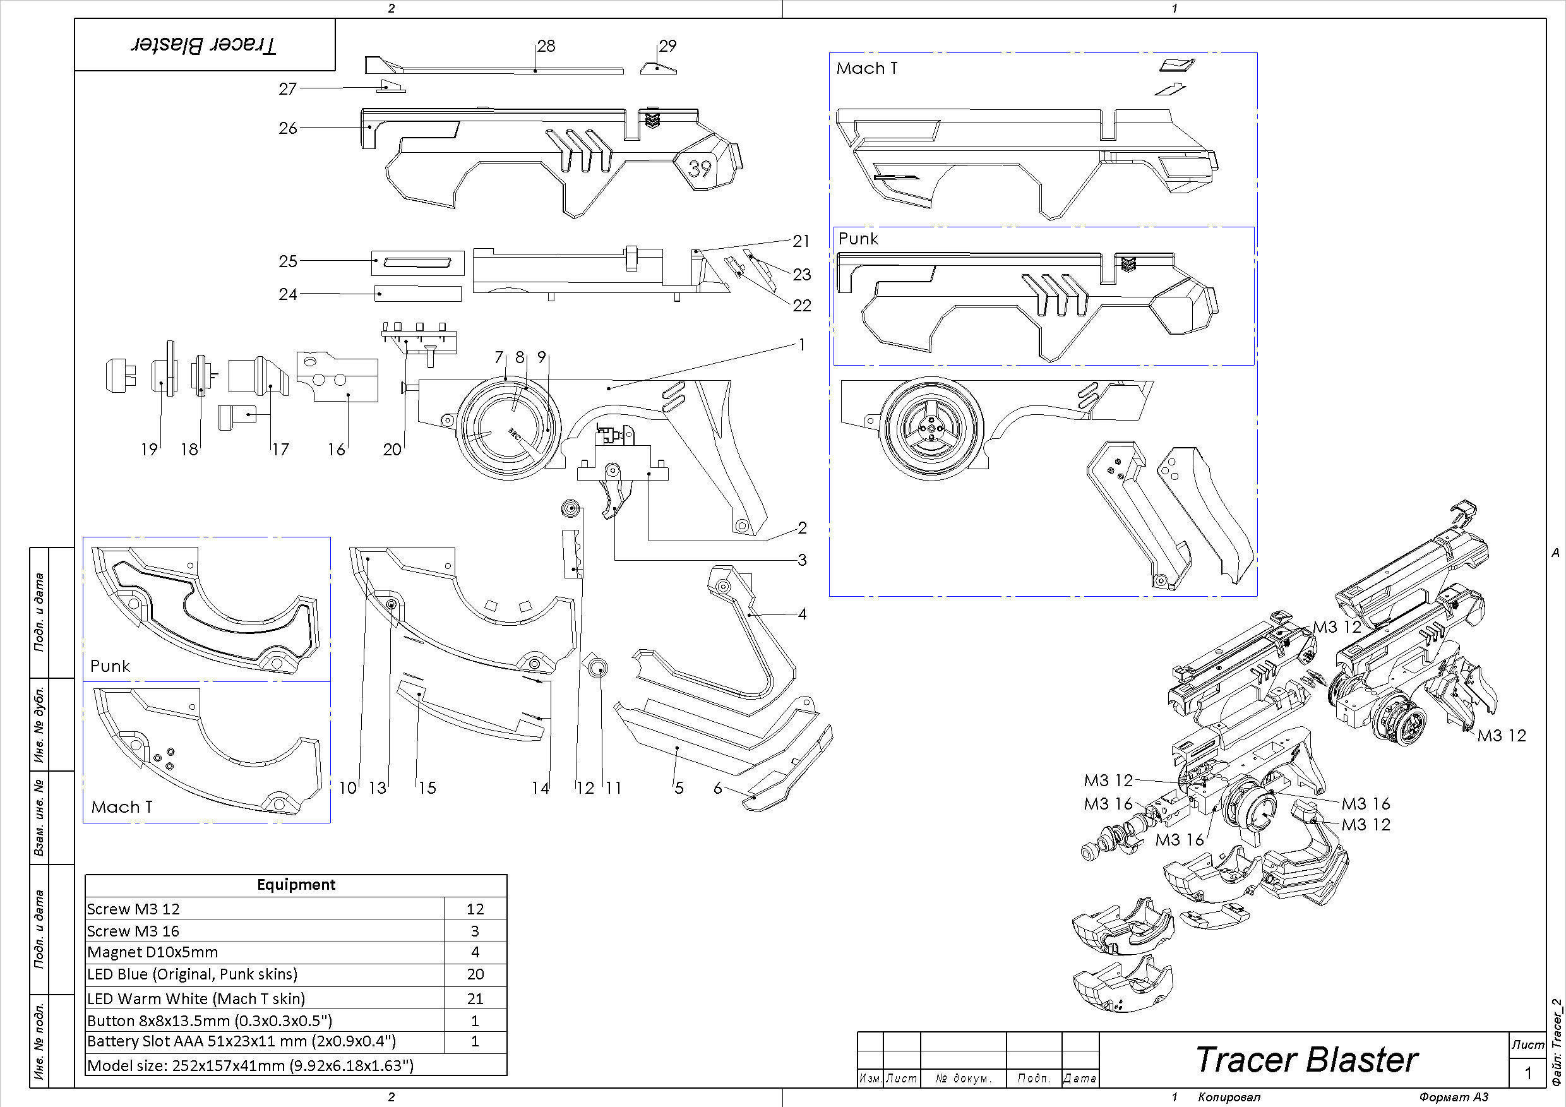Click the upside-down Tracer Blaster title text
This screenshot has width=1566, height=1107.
tap(204, 45)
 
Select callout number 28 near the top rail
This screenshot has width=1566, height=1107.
tap(546, 45)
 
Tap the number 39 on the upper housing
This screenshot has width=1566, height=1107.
tap(700, 168)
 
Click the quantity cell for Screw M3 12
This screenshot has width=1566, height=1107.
tap(475, 909)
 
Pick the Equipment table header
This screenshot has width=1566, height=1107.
tap(296, 885)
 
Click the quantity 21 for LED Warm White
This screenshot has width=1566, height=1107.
tap(475, 998)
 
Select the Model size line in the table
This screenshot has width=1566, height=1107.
tap(250, 1065)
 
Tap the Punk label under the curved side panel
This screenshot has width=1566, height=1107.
tap(110, 666)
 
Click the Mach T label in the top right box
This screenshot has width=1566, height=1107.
tap(866, 68)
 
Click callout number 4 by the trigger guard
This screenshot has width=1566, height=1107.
tap(802, 614)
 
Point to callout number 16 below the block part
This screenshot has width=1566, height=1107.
tap(337, 449)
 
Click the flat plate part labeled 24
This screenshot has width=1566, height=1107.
tap(417, 294)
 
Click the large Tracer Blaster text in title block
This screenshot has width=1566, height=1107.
tap(1306, 1060)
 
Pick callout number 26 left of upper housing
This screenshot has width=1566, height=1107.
tap(288, 128)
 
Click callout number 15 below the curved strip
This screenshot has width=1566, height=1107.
tap(427, 788)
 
